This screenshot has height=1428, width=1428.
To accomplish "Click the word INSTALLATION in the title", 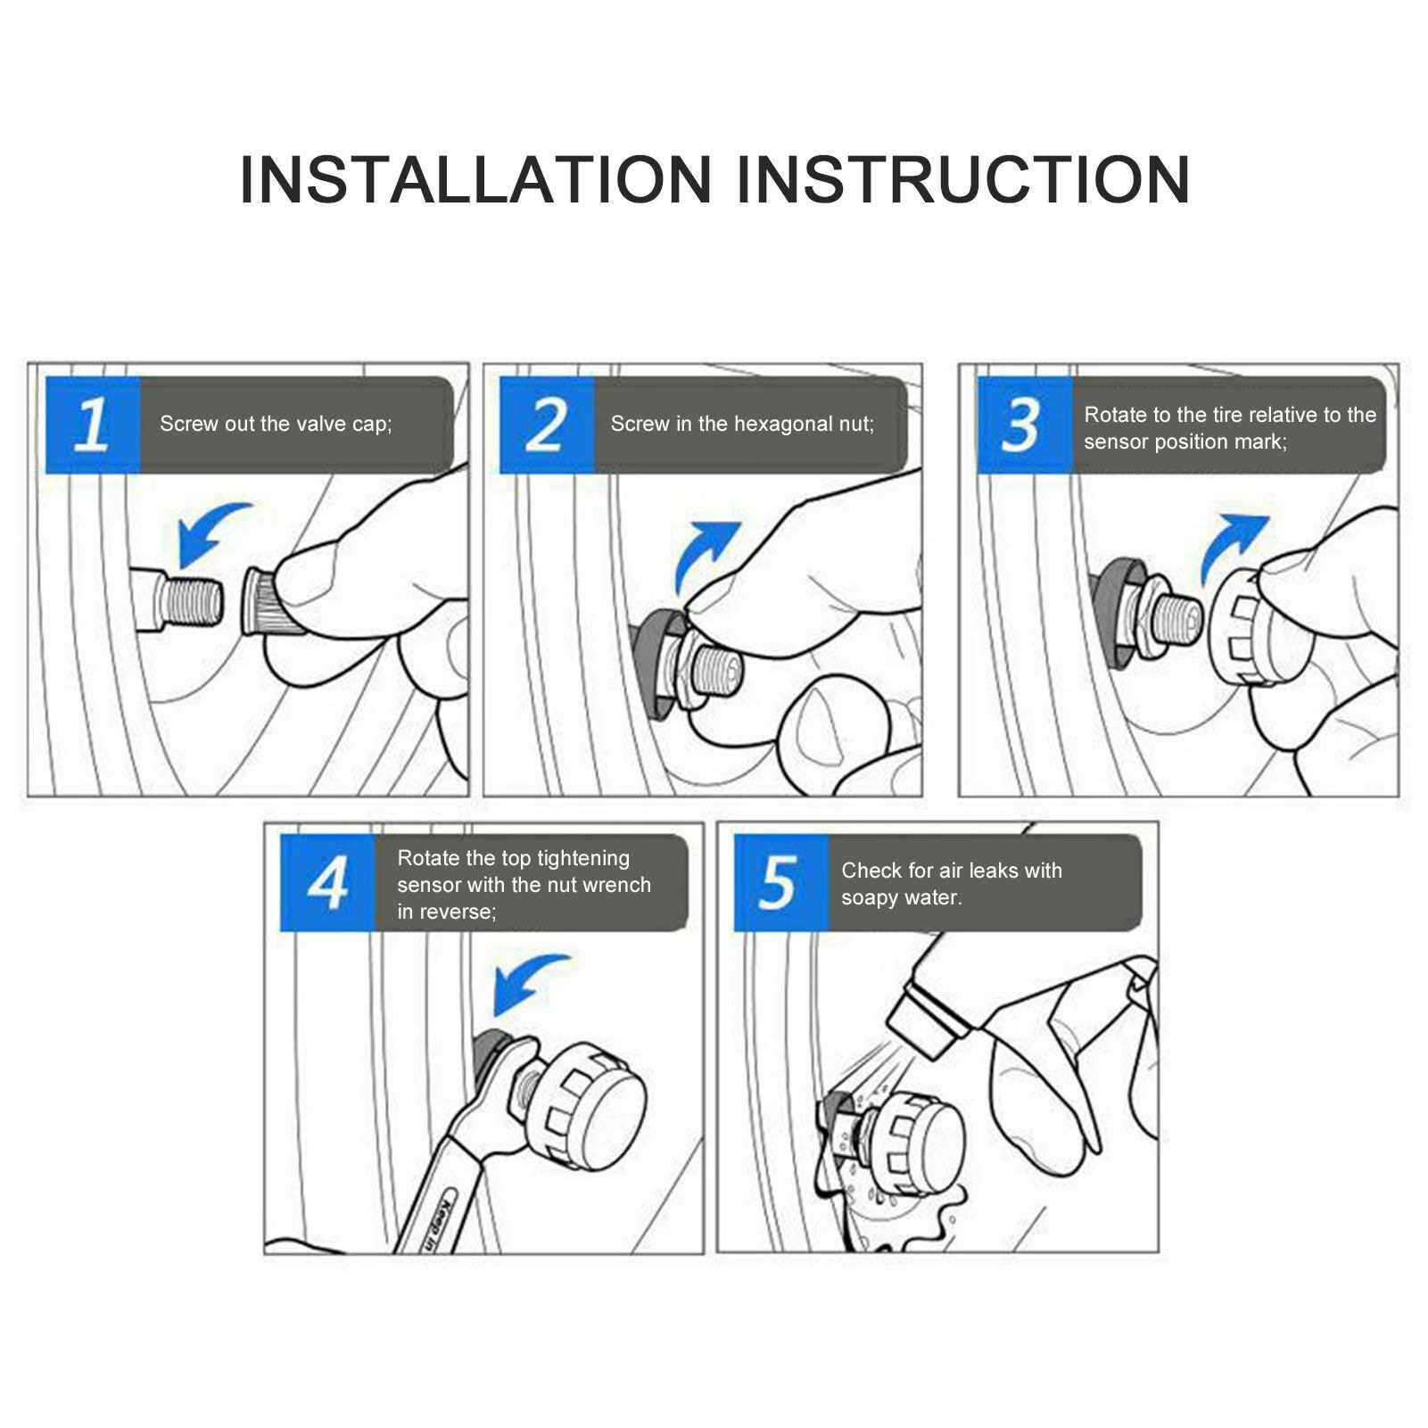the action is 475,179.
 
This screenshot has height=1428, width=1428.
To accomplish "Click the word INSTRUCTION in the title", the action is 963,179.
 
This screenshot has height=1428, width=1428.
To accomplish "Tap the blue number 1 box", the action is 93,425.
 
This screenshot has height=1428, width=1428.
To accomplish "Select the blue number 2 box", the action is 547,425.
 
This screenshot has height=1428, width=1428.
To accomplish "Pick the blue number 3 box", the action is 1024,425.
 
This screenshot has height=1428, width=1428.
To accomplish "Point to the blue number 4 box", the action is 327,883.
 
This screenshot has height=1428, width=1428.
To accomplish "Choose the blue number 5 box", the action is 781,883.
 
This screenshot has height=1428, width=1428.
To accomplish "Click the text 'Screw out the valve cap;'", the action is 276,424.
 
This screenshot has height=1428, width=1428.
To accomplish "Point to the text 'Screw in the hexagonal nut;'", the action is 742,424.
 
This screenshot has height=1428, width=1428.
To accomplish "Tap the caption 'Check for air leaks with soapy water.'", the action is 952,883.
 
